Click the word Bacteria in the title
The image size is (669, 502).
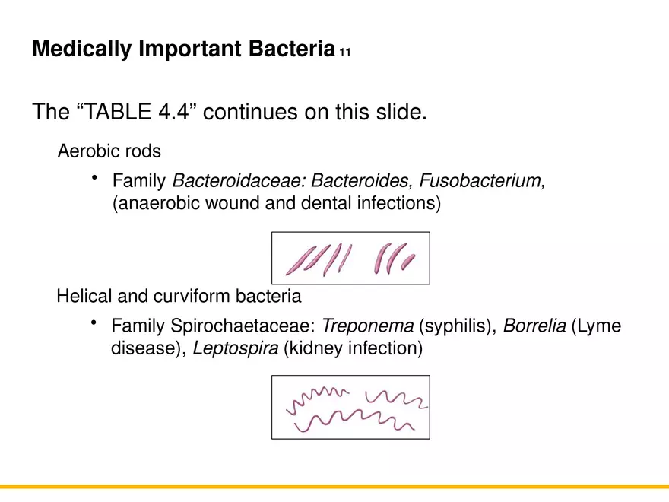click(x=292, y=49)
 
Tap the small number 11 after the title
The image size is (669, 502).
click(x=345, y=52)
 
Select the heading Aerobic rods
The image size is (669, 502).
click(x=109, y=151)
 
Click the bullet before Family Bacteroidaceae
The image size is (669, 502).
click(x=95, y=179)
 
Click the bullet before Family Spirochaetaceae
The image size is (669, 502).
click(x=95, y=324)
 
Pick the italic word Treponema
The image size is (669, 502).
click(x=368, y=326)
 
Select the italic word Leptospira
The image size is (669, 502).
click(x=236, y=349)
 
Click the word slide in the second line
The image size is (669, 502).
click(x=401, y=112)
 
